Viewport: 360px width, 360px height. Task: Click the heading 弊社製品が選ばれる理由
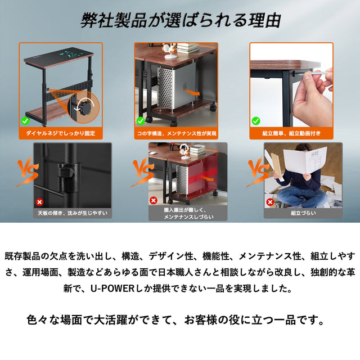pyautogui.click(x=181, y=20)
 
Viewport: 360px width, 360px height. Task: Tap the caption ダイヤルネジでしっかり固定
pyautogui.click(x=61, y=133)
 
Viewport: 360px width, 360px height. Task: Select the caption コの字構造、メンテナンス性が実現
pyautogui.click(x=176, y=133)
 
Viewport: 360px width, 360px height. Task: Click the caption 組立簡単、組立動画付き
pyautogui.click(x=291, y=133)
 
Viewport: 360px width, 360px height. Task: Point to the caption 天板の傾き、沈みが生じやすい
pyautogui.click(x=73, y=213)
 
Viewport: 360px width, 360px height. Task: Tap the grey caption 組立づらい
pyautogui.click(x=303, y=213)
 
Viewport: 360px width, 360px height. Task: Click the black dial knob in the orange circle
pyautogui.click(x=84, y=106)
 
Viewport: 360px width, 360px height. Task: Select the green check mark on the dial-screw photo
pyautogui.click(x=25, y=120)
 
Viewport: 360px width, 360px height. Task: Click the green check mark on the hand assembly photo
pyautogui.click(x=256, y=120)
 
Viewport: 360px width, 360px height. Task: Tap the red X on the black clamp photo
pyautogui.click(x=39, y=202)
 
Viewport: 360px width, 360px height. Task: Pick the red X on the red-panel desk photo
pyautogui.click(x=154, y=200)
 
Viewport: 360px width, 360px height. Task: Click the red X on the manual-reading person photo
pyautogui.click(x=270, y=202)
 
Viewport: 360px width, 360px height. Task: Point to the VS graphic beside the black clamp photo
pyautogui.click(x=27, y=172)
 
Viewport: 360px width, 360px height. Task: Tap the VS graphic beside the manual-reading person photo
pyautogui.click(x=258, y=172)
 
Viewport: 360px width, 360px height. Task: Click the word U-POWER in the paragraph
pyautogui.click(x=112, y=289)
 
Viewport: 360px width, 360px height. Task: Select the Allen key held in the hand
pyautogui.click(x=319, y=73)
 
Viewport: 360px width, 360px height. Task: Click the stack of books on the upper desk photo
pyautogui.click(x=187, y=48)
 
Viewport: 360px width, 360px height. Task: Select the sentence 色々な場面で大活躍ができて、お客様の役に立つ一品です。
pyautogui.click(x=176, y=320)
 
